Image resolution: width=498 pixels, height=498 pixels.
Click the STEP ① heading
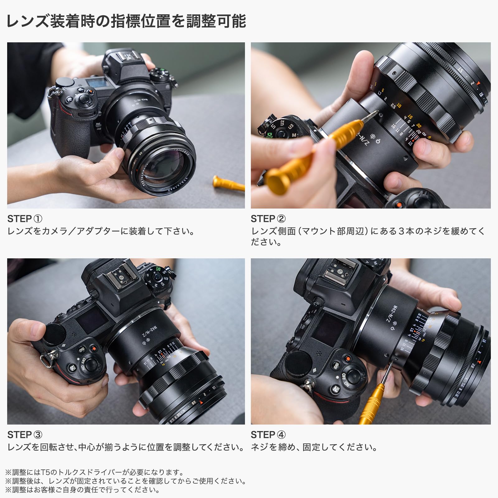pos(25,219)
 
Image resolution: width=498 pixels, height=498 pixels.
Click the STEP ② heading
pos(268,219)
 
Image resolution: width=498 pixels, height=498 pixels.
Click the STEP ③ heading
pos(25,435)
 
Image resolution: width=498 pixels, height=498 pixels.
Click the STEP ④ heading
pos(268,435)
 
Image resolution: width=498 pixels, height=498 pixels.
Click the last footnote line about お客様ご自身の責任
pos(82,490)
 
